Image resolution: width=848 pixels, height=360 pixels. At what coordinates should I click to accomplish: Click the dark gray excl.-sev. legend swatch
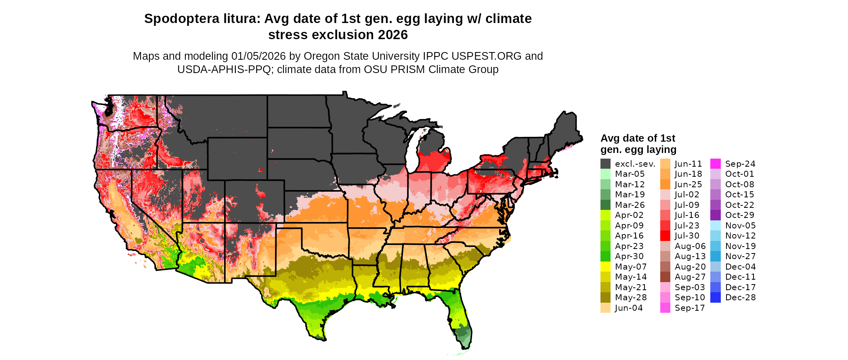(605, 164)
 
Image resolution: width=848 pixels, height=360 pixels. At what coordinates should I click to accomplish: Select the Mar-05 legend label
(630, 174)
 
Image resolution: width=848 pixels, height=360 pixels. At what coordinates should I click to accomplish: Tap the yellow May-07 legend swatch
(605, 267)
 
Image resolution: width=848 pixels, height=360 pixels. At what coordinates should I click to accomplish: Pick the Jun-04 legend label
(629, 308)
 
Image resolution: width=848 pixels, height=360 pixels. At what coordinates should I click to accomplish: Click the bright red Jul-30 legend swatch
(665, 236)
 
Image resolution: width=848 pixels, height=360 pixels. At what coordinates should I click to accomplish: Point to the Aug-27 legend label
(690, 277)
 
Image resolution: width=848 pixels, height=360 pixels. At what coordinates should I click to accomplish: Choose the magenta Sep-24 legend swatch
(715, 164)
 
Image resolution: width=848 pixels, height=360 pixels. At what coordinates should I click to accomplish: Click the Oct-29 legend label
(740, 215)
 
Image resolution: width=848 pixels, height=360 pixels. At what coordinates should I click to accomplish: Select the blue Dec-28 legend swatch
(715, 297)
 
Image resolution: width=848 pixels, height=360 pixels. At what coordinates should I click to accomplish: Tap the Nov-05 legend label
(740, 226)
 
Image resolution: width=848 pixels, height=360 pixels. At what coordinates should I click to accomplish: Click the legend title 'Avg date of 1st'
(638, 138)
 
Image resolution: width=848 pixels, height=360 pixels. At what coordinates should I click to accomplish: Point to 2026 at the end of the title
(393, 35)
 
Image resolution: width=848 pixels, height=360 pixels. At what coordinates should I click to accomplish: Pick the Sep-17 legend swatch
(665, 308)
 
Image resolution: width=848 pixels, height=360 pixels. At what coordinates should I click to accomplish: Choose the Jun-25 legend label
(688, 184)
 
